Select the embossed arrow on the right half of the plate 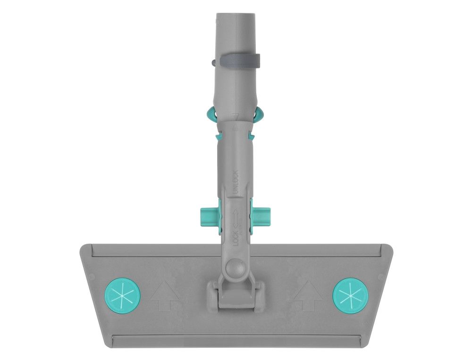tap(308, 295)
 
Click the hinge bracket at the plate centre tap(235, 295)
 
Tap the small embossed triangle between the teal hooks tap(235, 115)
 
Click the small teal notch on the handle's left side tap(218, 137)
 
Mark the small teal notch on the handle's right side tap(252, 137)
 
